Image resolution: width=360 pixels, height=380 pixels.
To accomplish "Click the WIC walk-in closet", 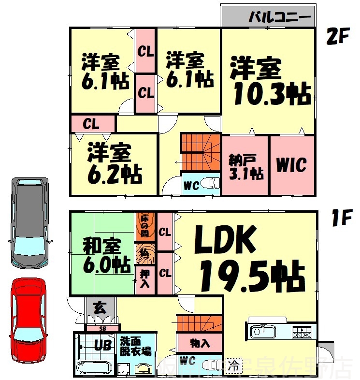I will tap(292, 165).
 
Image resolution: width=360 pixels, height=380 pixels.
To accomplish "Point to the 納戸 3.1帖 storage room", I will tap(245, 165).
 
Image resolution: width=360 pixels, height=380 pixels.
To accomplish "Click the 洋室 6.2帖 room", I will tap(114, 164).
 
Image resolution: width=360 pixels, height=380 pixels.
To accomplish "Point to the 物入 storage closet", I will tap(200, 344).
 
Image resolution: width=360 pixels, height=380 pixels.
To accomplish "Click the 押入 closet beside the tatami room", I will tap(145, 279).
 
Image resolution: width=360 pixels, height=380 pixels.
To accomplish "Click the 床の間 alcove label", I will tap(145, 225).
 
